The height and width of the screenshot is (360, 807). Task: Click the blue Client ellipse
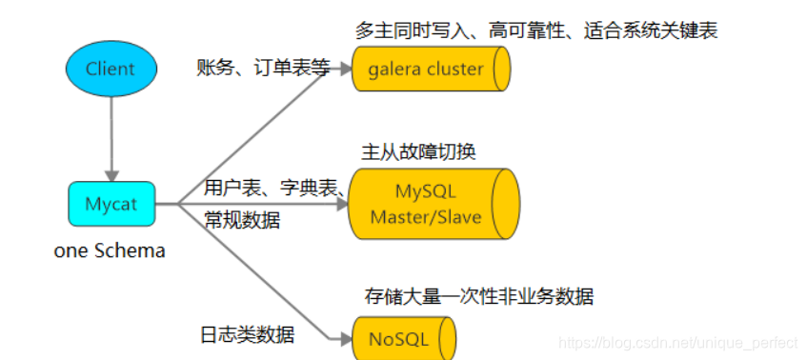(x=111, y=68)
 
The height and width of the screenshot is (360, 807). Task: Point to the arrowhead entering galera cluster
(x=345, y=70)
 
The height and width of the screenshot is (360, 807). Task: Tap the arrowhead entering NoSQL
(x=345, y=338)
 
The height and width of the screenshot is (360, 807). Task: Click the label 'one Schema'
(x=111, y=251)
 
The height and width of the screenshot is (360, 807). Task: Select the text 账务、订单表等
(x=262, y=68)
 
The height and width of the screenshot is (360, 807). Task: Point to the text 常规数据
(x=242, y=220)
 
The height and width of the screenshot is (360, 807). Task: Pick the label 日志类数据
(x=248, y=334)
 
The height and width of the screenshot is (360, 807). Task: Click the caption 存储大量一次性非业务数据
(x=479, y=296)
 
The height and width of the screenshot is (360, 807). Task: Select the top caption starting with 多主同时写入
(x=536, y=30)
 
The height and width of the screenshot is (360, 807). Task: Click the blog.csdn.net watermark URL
(x=677, y=340)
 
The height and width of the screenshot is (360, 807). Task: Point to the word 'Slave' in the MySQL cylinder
(x=456, y=217)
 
